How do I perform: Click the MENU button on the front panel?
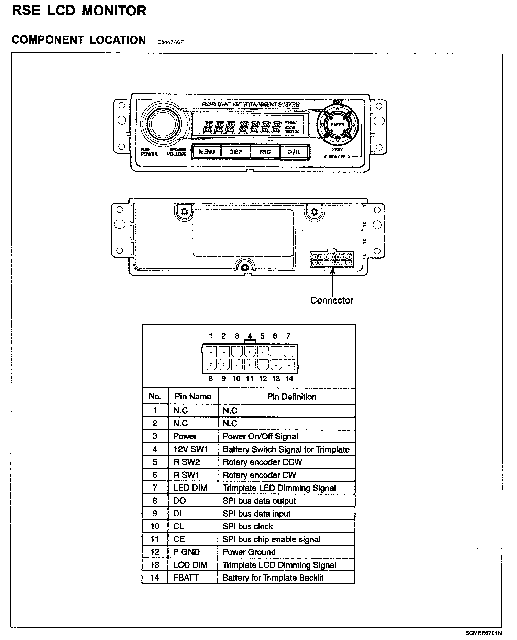click(x=207, y=152)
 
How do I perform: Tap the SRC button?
click(x=265, y=152)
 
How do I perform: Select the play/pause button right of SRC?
click(x=294, y=152)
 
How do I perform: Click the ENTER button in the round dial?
click(x=337, y=125)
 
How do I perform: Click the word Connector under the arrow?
click(x=331, y=300)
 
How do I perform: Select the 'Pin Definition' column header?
click(x=291, y=397)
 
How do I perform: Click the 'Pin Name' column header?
click(x=193, y=397)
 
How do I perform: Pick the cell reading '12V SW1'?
click(x=191, y=449)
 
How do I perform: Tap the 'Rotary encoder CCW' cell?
click(x=262, y=462)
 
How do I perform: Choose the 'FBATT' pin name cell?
click(x=186, y=578)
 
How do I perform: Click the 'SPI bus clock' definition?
click(x=247, y=526)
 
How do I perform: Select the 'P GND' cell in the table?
click(x=187, y=552)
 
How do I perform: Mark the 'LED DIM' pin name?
click(x=190, y=488)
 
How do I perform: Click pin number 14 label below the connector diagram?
click(x=289, y=379)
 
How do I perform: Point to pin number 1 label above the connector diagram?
click(x=211, y=336)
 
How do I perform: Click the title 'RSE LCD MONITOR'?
click(x=79, y=11)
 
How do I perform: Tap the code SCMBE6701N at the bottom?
click(x=483, y=632)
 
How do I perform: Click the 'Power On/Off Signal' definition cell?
click(x=260, y=436)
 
